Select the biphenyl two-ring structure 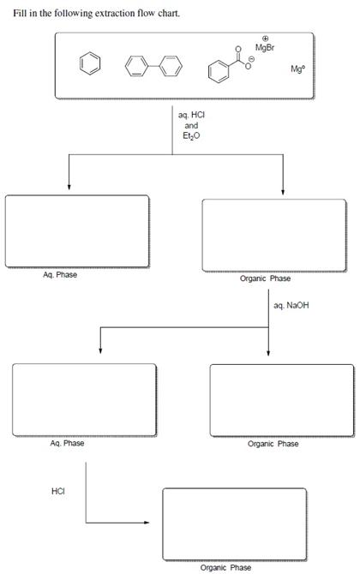[x=154, y=65]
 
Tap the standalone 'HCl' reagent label [x=58, y=491]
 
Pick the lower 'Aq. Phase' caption [x=67, y=443]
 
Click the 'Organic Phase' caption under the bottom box [x=225, y=567]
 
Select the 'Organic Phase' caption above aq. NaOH [x=268, y=278]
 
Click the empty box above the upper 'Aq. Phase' [x=76, y=231]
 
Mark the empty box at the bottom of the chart [x=233, y=523]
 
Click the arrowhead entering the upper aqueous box [x=69, y=189]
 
